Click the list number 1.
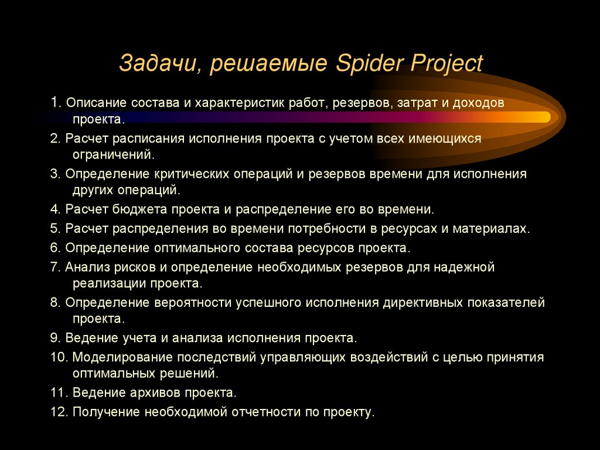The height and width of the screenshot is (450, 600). [x=54, y=103]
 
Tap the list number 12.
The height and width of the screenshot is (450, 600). [x=59, y=412]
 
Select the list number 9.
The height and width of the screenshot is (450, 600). [x=54, y=339]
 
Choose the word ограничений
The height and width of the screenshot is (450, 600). [x=114, y=155]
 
